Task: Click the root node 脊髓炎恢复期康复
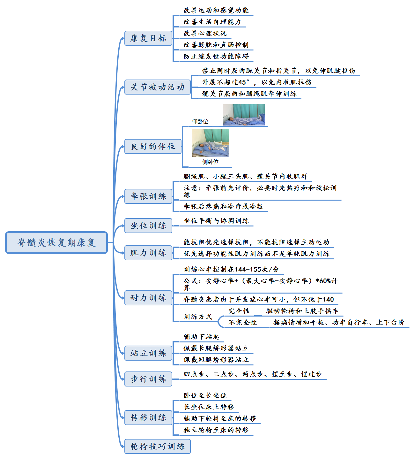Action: click(56, 243)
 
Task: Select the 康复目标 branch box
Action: click(148, 38)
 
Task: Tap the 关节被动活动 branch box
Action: click(158, 87)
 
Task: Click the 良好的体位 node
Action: click(153, 147)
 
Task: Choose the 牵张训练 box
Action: click(148, 196)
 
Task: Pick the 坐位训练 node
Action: click(148, 226)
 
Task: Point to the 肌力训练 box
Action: click(148, 253)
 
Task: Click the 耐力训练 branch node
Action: click(148, 298)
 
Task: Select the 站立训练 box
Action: click(148, 353)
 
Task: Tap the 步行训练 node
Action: click(148, 379)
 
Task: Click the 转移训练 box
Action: click(148, 418)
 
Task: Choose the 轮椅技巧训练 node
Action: click(158, 447)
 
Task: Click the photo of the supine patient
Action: click(244, 115)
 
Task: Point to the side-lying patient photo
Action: click(210, 143)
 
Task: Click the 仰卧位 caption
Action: click(200, 122)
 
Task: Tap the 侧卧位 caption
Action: click(210, 162)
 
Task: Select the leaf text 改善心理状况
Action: click(205, 34)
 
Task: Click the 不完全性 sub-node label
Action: click(242, 323)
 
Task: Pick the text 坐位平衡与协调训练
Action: click(216, 221)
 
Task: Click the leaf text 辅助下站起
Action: click(201, 337)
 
